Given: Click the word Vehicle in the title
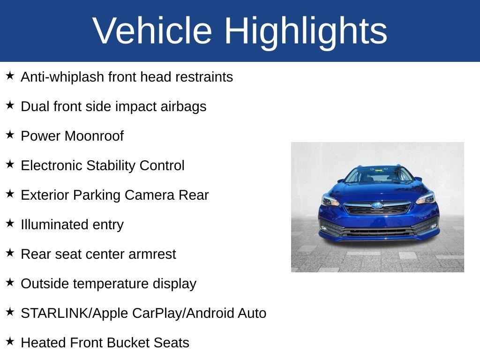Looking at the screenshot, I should coord(152,31).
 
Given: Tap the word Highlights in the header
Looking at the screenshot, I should coord(306,31).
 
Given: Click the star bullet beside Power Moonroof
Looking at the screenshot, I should coord(10,135).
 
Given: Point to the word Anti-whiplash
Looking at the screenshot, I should coord(63,77).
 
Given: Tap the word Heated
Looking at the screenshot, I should coord(44,343).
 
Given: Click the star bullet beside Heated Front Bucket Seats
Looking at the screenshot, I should coord(10,342).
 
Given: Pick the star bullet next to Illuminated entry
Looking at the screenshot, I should coord(10,224).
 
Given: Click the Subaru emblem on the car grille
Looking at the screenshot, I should coord(377,206).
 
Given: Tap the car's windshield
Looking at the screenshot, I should coord(379,175).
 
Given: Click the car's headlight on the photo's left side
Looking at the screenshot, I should coord(330,200).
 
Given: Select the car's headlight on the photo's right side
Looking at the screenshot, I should coord(426,198).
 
